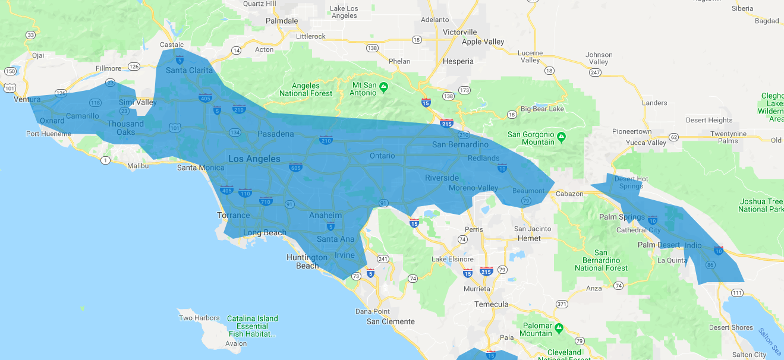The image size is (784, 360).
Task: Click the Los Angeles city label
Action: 254,159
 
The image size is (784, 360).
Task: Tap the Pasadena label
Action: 275,134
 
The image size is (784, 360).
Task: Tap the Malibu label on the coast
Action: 138,166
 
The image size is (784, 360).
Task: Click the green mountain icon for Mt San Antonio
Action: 385,87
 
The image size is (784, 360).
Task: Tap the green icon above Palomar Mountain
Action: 559,327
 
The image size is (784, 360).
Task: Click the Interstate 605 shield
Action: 295,168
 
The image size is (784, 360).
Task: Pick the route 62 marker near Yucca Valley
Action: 673,137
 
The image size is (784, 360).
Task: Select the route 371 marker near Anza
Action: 561,304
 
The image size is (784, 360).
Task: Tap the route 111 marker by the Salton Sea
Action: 737,292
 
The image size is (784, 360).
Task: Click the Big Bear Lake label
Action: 542,109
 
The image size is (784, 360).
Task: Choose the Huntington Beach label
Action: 307,261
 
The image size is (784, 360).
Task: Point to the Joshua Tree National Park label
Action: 761,205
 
